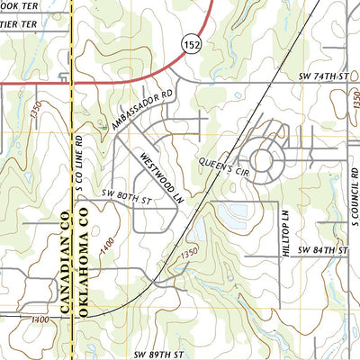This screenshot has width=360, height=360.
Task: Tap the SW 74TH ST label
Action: click(322, 78)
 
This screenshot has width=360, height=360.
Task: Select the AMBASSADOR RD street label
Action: click(142, 108)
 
